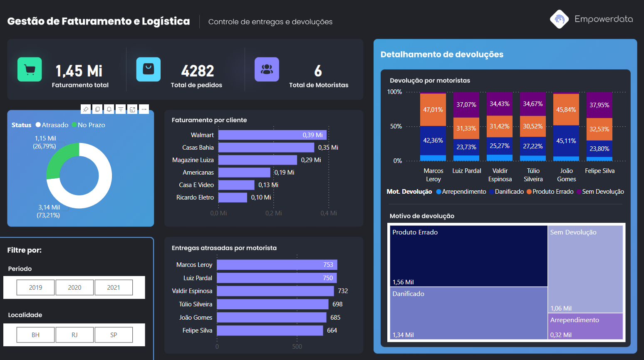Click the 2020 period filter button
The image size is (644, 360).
click(x=74, y=287)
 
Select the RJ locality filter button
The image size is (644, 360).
click(x=74, y=335)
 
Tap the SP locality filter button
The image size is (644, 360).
click(x=114, y=335)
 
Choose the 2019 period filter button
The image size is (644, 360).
click(x=35, y=287)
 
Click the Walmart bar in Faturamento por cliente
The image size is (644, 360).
click(x=272, y=135)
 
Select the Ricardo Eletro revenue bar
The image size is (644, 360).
click(x=233, y=197)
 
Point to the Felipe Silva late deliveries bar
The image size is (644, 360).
click(x=270, y=330)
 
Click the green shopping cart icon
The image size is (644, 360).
click(x=30, y=69)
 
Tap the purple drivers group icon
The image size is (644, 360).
click(x=267, y=69)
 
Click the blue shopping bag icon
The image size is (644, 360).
click(x=148, y=69)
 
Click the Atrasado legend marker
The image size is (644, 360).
click(x=38, y=125)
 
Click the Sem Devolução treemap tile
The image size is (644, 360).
click(x=585, y=269)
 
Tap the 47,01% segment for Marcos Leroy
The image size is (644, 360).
click(x=433, y=110)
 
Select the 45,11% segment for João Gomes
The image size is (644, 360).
click(x=566, y=141)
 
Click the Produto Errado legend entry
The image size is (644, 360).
click(x=550, y=192)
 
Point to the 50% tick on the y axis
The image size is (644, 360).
click(x=396, y=126)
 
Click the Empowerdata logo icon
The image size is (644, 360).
click(x=559, y=19)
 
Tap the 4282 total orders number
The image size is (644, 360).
click(x=197, y=71)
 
